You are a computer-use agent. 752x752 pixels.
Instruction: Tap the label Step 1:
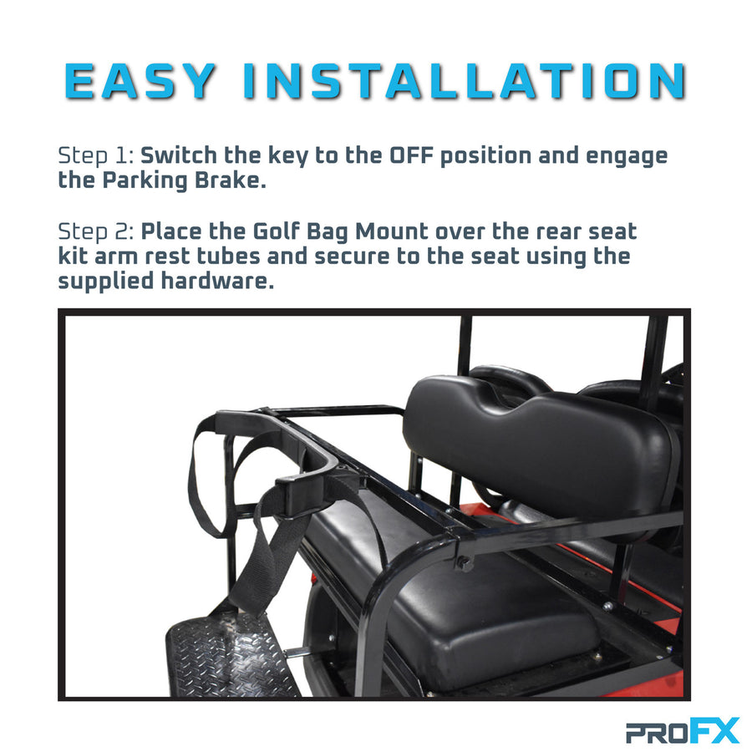(96, 155)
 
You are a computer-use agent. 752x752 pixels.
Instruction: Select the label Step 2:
(96, 231)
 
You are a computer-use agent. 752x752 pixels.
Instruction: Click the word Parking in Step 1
(145, 180)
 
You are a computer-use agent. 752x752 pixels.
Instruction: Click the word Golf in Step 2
(277, 231)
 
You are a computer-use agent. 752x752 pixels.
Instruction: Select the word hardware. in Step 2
(217, 281)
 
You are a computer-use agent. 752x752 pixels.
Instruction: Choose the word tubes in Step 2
(228, 256)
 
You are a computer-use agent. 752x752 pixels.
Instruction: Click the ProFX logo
(683, 731)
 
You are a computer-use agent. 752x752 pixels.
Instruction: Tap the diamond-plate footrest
(231, 656)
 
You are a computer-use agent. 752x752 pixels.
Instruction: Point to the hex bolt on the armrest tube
(465, 563)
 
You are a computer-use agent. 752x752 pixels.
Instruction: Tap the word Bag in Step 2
(327, 232)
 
